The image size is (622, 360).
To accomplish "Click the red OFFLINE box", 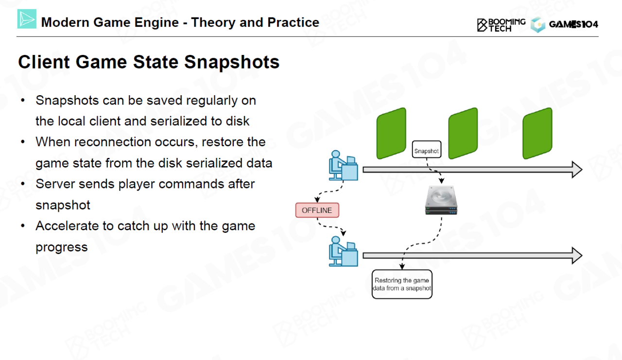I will (x=317, y=210).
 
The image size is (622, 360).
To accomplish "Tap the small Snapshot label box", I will (x=426, y=151).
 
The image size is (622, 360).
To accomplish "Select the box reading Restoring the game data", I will (x=402, y=284).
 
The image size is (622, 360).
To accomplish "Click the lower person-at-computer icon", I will (x=343, y=251).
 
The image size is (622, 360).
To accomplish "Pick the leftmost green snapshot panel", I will (x=391, y=133).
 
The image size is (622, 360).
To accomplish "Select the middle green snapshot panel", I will (x=463, y=133).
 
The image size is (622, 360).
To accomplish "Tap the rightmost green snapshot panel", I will (x=537, y=133).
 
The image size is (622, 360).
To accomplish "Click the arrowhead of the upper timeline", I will (x=576, y=170).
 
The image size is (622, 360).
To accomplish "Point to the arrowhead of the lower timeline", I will (x=576, y=256).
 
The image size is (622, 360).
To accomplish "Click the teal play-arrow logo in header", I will (x=27, y=19).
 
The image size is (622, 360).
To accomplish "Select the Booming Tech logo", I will (x=501, y=25).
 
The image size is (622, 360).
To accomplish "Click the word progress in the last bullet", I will (x=62, y=247).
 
